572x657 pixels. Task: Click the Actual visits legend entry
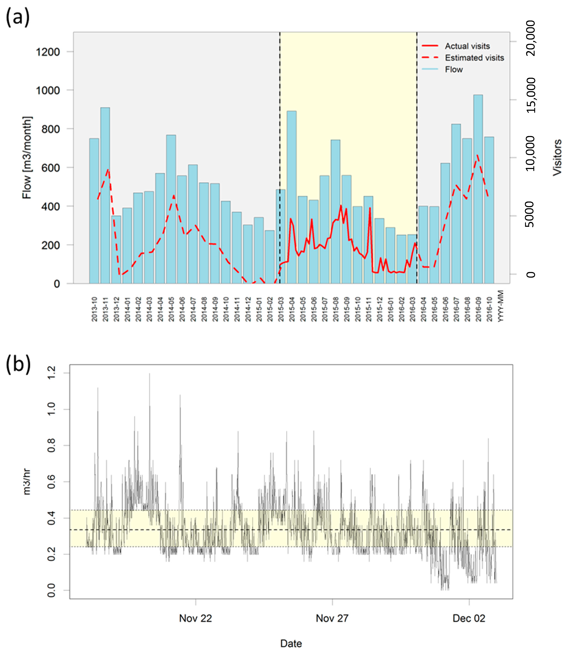click(467, 46)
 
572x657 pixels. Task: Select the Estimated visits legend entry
click(474, 58)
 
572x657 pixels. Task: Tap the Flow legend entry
click(454, 69)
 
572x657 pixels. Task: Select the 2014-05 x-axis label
click(171, 309)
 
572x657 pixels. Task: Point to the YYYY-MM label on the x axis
click(501, 306)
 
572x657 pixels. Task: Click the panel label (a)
click(18, 17)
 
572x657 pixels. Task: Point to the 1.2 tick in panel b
click(51, 373)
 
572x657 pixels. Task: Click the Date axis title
click(291, 643)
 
